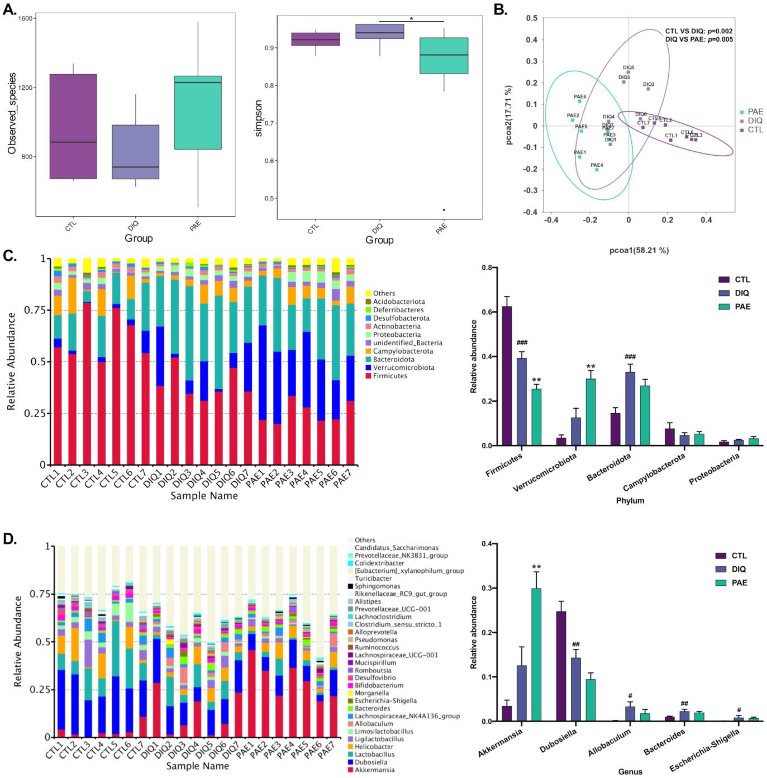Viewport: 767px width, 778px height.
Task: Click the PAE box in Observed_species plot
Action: (198, 112)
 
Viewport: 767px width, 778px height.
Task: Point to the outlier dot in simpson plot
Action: (444, 210)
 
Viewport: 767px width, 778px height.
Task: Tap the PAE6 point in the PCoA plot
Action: (579, 101)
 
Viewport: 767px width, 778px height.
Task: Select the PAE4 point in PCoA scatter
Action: (597, 169)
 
